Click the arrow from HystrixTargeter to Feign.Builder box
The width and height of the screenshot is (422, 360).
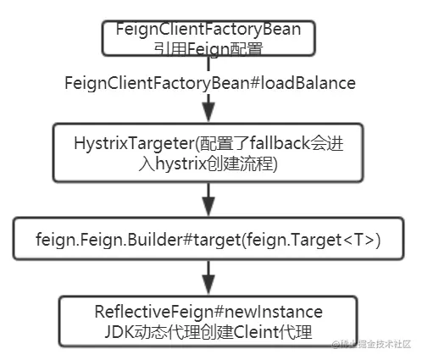(x=209, y=202)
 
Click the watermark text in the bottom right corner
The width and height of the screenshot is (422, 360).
(x=373, y=344)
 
